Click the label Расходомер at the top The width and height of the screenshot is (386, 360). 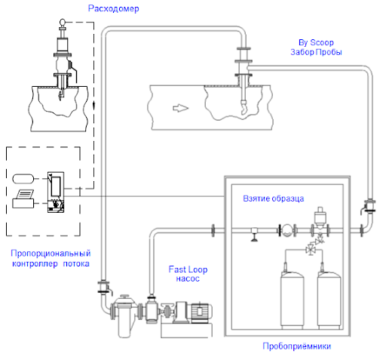[x=113, y=8]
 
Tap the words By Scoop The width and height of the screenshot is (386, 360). [x=316, y=42]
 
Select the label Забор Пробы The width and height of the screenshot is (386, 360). [x=316, y=52]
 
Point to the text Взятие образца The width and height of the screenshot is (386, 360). [x=273, y=198]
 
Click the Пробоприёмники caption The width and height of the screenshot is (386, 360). [x=296, y=346]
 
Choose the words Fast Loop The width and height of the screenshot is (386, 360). [x=188, y=269]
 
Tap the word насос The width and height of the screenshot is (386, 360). [x=188, y=278]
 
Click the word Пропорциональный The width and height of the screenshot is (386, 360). [x=51, y=254]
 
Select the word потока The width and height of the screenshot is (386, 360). [x=76, y=263]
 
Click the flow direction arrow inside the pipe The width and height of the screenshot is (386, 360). [x=180, y=108]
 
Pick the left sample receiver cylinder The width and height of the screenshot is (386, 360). [x=292, y=300]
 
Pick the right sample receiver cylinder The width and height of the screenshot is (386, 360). [x=329, y=300]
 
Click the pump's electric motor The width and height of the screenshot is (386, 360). [x=201, y=312]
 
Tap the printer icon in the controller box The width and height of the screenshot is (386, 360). [x=23, y=198]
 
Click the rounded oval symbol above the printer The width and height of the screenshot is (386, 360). [x=23, y=179]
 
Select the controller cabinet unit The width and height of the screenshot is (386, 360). [x=56, y=192]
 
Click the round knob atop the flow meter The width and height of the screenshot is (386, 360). [x=62, y=22]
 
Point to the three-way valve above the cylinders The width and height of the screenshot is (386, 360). [x=311, y=250]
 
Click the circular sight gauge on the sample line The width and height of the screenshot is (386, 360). [x=286, y=230]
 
